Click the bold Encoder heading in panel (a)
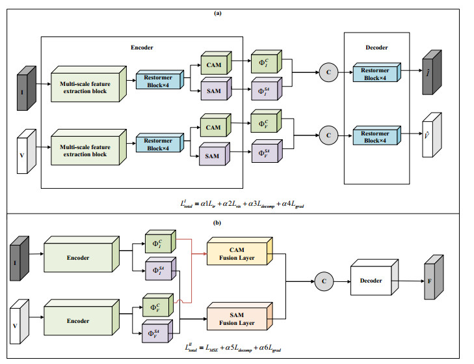[143, 47]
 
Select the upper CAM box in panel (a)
[212, 64]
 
